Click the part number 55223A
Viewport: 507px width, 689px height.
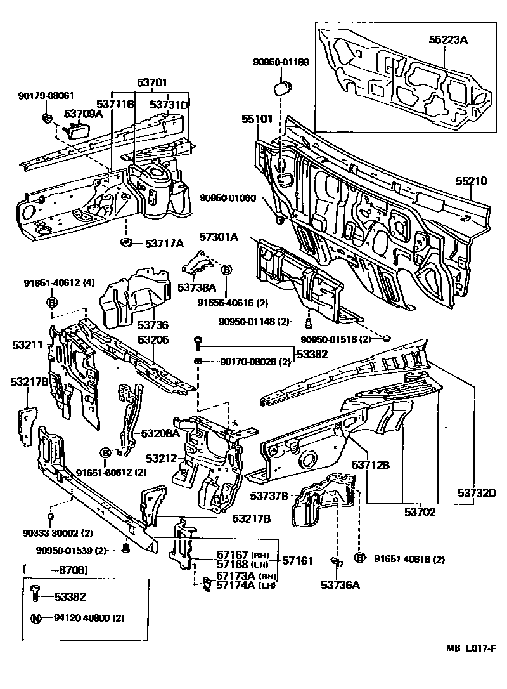[447, 40]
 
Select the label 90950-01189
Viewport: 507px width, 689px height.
[281, 62]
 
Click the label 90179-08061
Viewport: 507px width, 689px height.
[46, 96]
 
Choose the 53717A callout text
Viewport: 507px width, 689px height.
[164, 243]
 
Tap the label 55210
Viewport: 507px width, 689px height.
[471, 181]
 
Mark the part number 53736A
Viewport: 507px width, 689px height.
[340, 585]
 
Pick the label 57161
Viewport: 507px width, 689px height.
[297, 561]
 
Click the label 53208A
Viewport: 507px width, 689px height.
[160, 433]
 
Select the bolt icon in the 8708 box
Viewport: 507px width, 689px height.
[36, 596]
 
